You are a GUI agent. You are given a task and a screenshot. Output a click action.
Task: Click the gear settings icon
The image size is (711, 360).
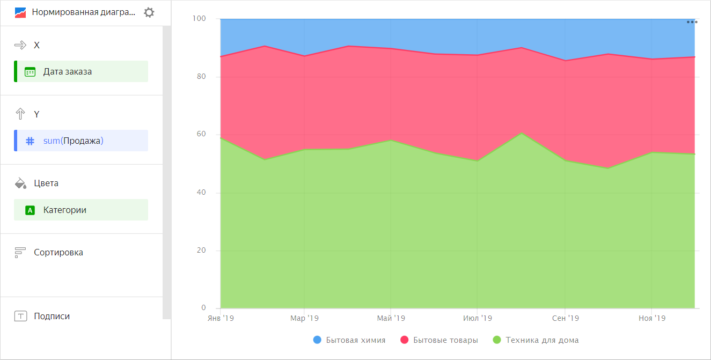pyautogui.click(x=149, y=12)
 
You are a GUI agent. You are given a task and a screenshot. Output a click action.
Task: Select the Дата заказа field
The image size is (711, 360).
pyautogui.click(x=81, y=71)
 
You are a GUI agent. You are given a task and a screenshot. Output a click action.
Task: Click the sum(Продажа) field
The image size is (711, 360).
pyautogui.click(x=81, y=141)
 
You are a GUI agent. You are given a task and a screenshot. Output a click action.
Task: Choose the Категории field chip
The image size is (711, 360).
pyautogui.click(x=81, y=210)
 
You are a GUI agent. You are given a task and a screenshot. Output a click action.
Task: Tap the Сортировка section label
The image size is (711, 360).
pyautogui.click(x=58, y=252)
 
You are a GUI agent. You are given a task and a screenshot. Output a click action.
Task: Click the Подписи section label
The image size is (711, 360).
pyautogui.click(x=52, y=316)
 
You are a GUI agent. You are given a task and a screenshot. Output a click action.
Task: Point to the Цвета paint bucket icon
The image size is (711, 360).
pyautogui.click(x=20, y=183)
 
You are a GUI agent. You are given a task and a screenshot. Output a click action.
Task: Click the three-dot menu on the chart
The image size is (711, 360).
pyautogui.click(x=692, y=22)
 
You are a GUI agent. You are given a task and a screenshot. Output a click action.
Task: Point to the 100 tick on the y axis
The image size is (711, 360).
pyautogui.click(x=199, y=19)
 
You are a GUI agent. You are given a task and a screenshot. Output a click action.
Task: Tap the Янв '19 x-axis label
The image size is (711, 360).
pyautogui.click(x=221, y=318)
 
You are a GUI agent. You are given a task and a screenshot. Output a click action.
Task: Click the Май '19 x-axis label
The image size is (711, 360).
pyautogui.click(x=391, y=318)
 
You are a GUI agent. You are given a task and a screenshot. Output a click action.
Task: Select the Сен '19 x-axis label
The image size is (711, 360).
pyautogui.click(x=565, y=318)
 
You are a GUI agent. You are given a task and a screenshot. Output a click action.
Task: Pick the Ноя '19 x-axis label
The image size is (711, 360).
pyautogui.click(x=651, y=318)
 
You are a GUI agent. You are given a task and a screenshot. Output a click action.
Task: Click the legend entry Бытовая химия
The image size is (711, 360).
pyautogui.click(x=349, y=340)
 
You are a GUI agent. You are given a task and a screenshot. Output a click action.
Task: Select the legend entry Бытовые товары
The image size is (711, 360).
pyautogui.click(x=439, y=340)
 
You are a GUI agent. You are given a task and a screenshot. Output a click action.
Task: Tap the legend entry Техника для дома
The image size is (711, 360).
pyautogui.click(x=536, y=340)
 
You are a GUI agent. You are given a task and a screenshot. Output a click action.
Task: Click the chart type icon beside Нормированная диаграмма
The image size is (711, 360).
pyautogui.click(x=20, y=12)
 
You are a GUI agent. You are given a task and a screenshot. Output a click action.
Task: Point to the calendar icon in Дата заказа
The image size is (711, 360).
pyautogui.click(x=30, y=71)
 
